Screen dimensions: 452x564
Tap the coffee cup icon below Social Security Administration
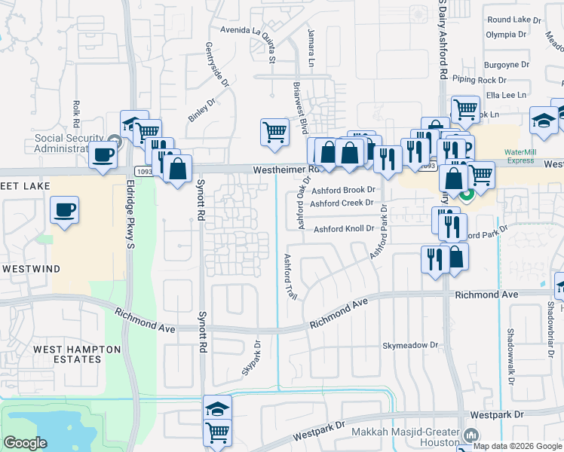[103, 156]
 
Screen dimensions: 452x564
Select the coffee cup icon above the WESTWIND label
[65, 209]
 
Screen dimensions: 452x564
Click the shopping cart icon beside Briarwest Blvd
[274, 132]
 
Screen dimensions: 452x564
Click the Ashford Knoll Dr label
[344, 229]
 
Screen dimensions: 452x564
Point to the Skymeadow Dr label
[410, 345]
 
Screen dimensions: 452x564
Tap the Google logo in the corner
[25, 443]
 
